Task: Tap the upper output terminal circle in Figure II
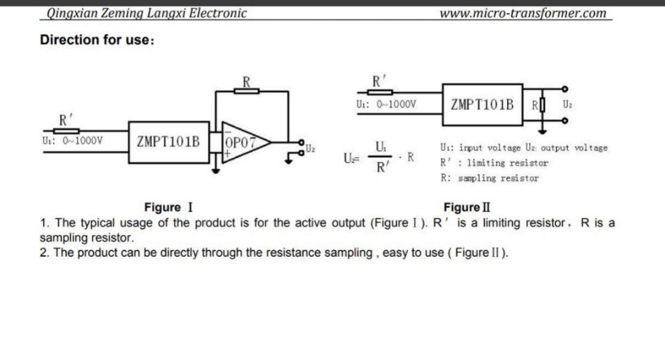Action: (565, 89)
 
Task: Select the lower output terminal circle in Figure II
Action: (565, 121)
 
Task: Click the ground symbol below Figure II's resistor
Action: (542, 131)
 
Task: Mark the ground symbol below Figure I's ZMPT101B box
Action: (216, 171)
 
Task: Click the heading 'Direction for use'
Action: (97, 40)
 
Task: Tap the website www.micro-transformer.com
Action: (523, 13)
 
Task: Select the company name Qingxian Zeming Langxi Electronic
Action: (147, 13)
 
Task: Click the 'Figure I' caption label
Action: (169, 207)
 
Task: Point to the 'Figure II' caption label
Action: (467, 207)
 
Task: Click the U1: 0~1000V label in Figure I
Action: (73, 141)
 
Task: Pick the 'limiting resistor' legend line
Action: (494, 163)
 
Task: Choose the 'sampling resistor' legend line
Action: (490, 178)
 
